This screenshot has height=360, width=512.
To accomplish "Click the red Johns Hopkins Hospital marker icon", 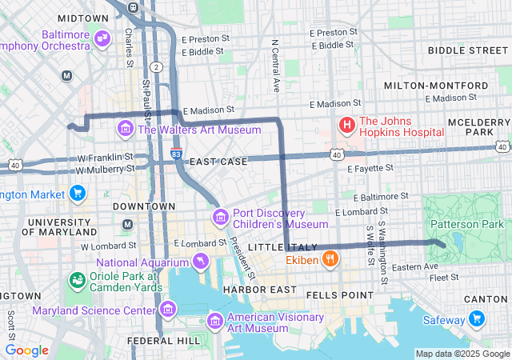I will [347, 126].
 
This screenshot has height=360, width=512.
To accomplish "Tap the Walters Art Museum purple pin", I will [126, 129].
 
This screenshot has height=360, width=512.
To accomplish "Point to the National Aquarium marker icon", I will [199, 262].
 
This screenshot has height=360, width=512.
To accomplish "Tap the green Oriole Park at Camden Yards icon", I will [78, 280].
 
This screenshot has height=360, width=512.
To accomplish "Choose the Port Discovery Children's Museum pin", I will [220, 217].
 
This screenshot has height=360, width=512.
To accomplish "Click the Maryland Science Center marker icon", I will [167, 309].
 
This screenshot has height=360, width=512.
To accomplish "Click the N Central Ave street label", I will [276, 65].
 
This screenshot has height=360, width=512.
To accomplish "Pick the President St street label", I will [241, 257].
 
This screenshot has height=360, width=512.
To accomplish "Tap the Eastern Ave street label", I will [420, 266].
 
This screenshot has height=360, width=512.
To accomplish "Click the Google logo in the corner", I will [26, 350].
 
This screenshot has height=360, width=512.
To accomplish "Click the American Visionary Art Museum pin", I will [214, 322].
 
